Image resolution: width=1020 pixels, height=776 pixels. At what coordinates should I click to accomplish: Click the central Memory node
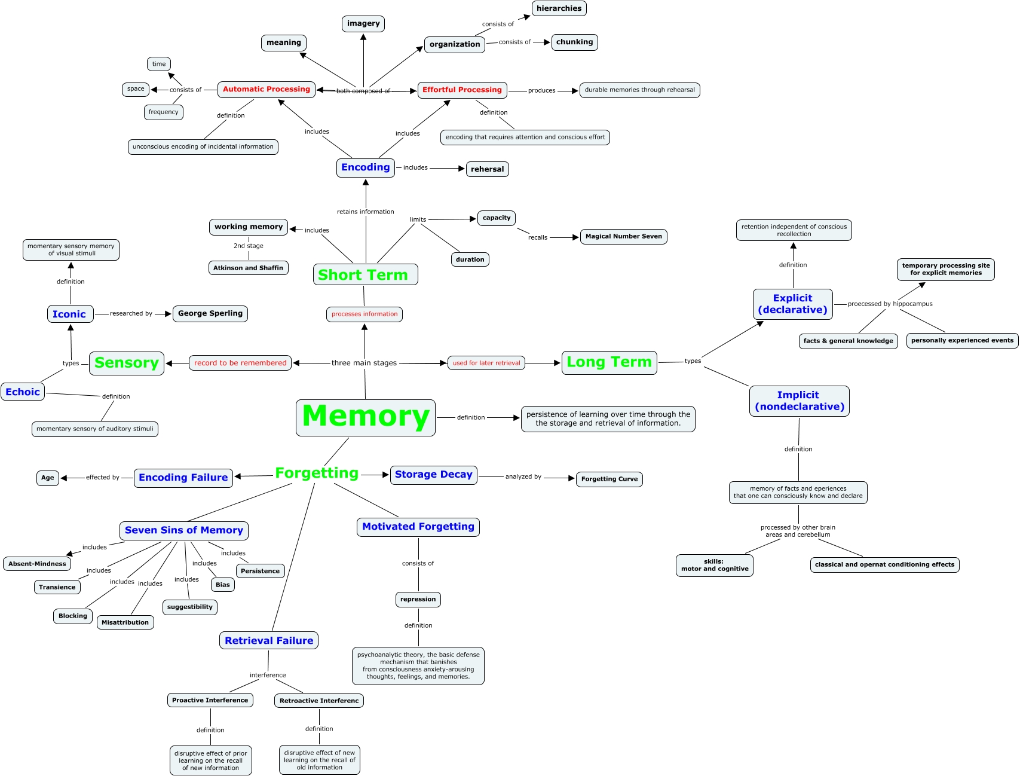(366, 417)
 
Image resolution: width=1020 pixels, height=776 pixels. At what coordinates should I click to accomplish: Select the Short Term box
(365, 275)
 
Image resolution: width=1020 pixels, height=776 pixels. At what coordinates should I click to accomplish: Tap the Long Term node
(609, 362)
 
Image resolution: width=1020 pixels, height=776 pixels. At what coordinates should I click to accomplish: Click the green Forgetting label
(317, 473)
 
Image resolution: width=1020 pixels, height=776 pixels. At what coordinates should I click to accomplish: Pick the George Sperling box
(210, 313)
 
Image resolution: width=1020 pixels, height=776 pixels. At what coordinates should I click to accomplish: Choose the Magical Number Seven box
(623, 237)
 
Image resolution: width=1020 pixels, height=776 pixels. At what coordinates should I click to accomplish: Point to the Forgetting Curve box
(609, 479)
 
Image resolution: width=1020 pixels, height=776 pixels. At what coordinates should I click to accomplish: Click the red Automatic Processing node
(267, 90)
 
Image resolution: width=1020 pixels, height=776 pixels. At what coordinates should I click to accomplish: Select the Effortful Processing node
(462, 90)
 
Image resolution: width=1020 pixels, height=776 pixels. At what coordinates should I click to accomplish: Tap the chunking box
(574, 42)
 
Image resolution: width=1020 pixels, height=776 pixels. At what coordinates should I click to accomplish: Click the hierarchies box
(559, 8)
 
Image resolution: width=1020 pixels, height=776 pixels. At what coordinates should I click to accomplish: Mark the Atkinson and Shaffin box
(248, 268)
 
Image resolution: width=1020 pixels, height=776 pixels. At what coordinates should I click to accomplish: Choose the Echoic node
(23, 392)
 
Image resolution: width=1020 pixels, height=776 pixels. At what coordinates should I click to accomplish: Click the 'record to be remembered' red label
(240, 363)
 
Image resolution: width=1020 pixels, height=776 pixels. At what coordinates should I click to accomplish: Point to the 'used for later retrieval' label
(486, 363)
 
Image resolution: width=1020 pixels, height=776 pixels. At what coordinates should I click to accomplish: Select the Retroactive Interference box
(319, 701)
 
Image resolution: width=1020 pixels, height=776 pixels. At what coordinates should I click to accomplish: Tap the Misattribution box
(125, 622)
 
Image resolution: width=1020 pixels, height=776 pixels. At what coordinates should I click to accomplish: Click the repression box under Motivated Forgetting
(418, 600)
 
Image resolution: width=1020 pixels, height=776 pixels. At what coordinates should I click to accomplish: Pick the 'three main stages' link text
(364, 363)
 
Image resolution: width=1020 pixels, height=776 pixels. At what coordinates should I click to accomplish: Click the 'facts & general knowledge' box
(848, 341)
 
